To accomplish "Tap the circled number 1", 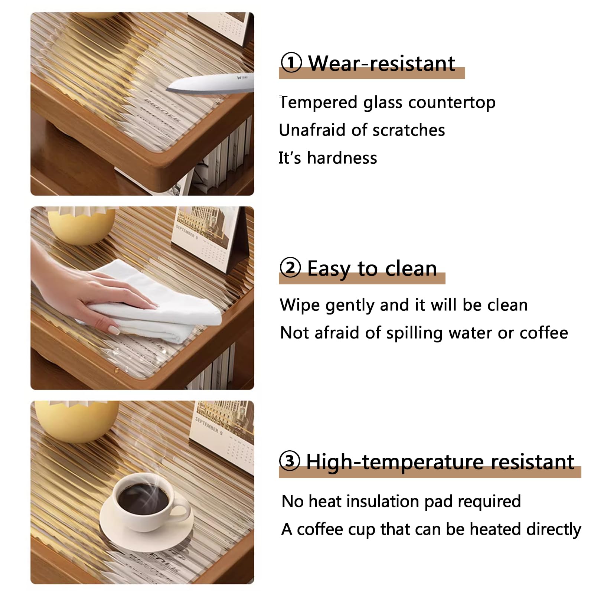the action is (291, 62).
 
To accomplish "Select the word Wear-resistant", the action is (382, 63).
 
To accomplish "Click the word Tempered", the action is (318, 103).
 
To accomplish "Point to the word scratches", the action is (409, 130).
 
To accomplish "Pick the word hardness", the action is (342, 158).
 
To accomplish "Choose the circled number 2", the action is (290, 267).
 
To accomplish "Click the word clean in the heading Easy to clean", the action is (411, 268).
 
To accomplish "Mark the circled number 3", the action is (290, 461).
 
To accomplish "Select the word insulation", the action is (382, 502).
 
